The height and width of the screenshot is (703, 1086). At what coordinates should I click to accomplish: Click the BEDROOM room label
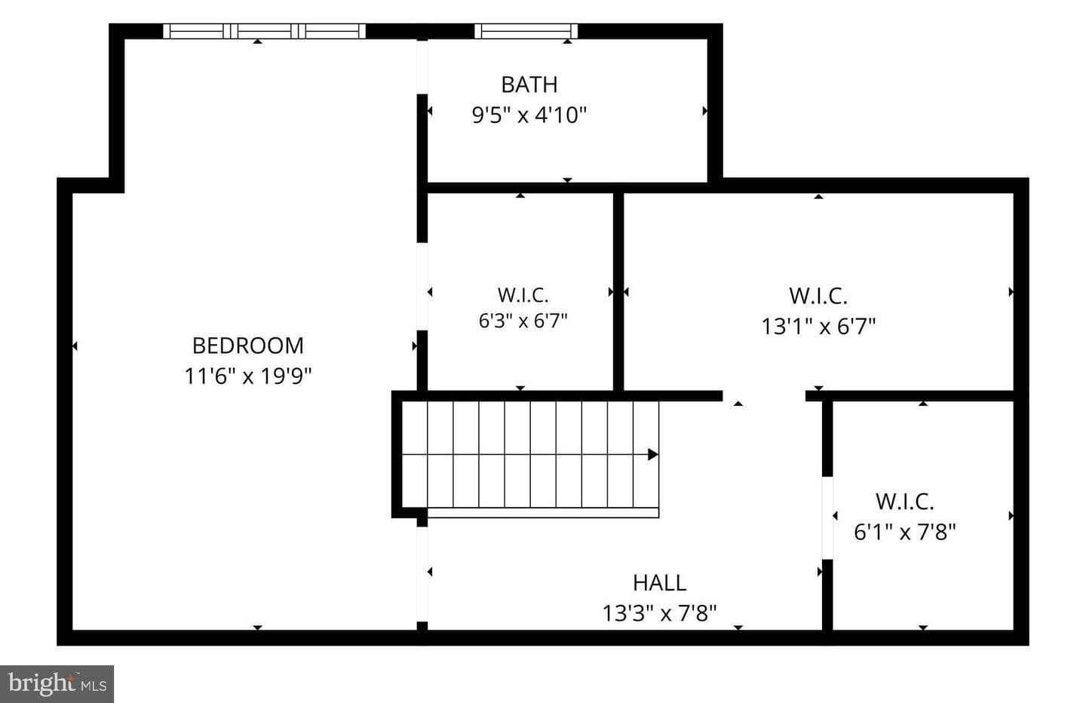[x=247, y=345]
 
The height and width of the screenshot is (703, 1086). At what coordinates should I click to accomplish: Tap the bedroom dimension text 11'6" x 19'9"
[x=247, y=376]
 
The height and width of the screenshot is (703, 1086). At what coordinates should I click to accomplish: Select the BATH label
[x=529, y=84]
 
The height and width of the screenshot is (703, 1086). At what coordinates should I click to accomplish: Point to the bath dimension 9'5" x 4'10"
[x=529, y=115]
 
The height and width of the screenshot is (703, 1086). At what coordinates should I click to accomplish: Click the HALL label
[x=659, y=583]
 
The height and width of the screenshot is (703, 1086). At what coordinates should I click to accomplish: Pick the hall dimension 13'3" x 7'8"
[x=659, y=613]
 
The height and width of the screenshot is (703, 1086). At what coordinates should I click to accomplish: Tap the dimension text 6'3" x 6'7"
[x=523, y=321]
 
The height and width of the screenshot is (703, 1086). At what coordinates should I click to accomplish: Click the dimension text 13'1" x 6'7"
[x=818, y=327]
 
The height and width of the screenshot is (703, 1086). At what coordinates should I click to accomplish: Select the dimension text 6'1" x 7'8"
[x=905, y=532]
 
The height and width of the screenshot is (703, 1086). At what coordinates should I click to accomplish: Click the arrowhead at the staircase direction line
[x=654, y=454]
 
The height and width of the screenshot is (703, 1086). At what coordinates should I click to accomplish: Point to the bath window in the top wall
[x=526, y=31]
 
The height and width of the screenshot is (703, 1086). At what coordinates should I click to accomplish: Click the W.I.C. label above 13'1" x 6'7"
[x=818, y=296]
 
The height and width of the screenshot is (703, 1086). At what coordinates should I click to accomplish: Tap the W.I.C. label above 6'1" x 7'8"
[x=905, y=502]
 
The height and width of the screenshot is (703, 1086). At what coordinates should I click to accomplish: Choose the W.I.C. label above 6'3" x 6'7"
[x=523, y=295]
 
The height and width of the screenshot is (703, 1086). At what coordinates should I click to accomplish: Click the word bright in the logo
[x=41, y=684]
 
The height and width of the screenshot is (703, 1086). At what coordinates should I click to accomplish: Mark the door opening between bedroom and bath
[x=422, y=67]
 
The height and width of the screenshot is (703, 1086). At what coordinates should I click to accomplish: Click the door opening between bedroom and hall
[x=422, y=574]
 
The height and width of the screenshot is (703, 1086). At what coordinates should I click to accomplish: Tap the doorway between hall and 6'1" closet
[x=827, y=517]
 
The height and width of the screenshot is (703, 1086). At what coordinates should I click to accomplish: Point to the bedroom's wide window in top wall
[x=264, y=31]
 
